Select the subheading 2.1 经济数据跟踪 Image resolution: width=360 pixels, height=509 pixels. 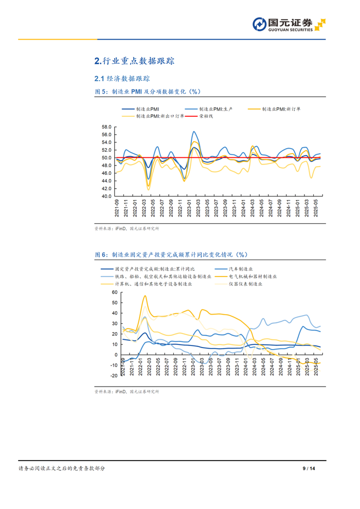(122, 79)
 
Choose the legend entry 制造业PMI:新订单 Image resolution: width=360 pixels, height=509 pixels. (282, 109)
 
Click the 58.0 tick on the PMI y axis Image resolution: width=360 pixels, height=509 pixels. (107, 127)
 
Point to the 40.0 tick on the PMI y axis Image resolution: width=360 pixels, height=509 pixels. (107, 196)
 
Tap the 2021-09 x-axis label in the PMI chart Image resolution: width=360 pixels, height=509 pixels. (118, 209)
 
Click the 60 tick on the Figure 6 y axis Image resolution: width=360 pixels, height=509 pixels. (115, 292)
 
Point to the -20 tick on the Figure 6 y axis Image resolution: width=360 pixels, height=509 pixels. (114, 376)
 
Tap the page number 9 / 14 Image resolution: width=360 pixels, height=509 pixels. (308, 468)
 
